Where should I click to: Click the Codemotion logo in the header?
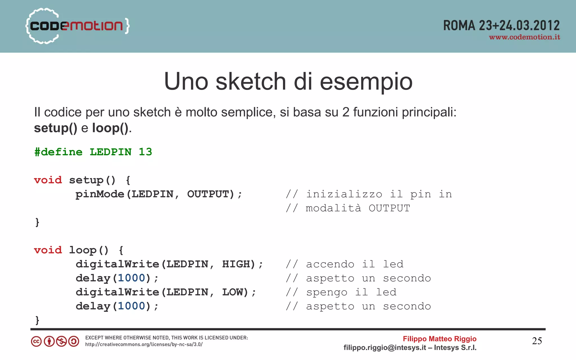tap(77, 26)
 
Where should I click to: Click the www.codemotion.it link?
tap(524, 37)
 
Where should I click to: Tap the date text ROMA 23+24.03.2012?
tap(501, 26)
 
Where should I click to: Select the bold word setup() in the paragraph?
tap(55, 128)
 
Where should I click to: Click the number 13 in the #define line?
tap(145, 152)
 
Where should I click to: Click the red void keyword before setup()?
tap(48, 180)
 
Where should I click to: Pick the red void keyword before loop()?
tap(48, 250)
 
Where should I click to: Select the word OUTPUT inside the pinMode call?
tap(208, 194)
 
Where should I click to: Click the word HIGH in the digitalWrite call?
tap(236, 264)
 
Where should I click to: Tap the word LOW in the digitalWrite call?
tap(233, 292)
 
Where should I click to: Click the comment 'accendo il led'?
tap(354, 264)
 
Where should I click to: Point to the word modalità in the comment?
tap(333, 208)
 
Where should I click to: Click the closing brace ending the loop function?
tap(37, 320)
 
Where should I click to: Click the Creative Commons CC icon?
tap(36, 341)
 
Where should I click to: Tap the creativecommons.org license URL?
tap(144, 345)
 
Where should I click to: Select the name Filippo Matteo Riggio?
tap(439, 339)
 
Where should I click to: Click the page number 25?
tap(537, 341)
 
